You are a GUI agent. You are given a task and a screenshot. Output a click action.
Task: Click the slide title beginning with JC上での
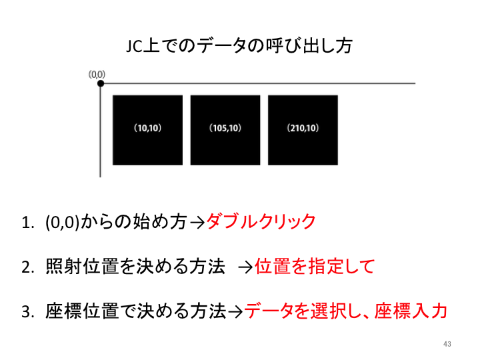click(x=239, y=46)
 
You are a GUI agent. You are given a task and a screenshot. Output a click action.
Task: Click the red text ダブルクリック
click(x=261, y=221)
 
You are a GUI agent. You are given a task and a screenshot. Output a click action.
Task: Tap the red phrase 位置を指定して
click(x=315, y=266)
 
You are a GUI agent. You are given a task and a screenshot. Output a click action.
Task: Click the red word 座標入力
click(x=411, y=311)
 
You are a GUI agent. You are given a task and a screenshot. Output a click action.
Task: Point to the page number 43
click(x=447, y=344)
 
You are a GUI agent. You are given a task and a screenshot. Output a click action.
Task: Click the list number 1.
click(x=27, y=222)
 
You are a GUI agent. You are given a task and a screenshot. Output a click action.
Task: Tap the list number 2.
click(x=27, y=267)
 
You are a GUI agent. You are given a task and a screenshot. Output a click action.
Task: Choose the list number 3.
click(x=27, y=312)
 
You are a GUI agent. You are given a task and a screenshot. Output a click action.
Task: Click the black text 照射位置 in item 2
click(x=82, y=266)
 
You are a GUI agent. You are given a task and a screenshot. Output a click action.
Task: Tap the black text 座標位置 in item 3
click(x=82, y=311)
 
